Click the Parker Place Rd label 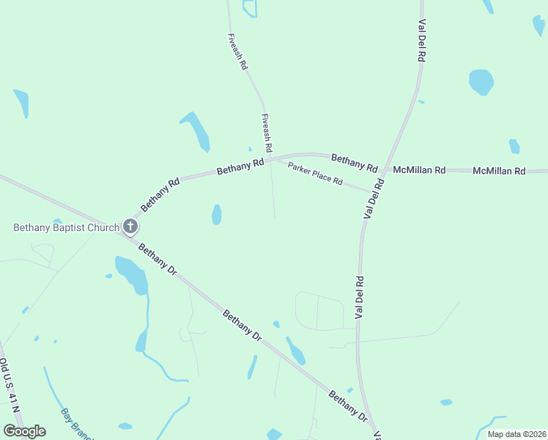click(315, 174)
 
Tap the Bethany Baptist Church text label click(66, 227)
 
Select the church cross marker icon click(130, 227)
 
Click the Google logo click(24, 431)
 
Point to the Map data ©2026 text click(516, 434)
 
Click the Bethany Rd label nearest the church click(160, 196)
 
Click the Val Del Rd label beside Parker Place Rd click(373, 197)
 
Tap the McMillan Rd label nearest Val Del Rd click(419, 170)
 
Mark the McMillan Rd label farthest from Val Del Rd click(499, 171)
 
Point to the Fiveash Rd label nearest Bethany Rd click(267, 133)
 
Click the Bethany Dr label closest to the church click(158, 260)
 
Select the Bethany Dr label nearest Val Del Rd click(347, 406)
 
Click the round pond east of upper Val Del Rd click(481, 81)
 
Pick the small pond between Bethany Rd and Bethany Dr click(216, 214)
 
